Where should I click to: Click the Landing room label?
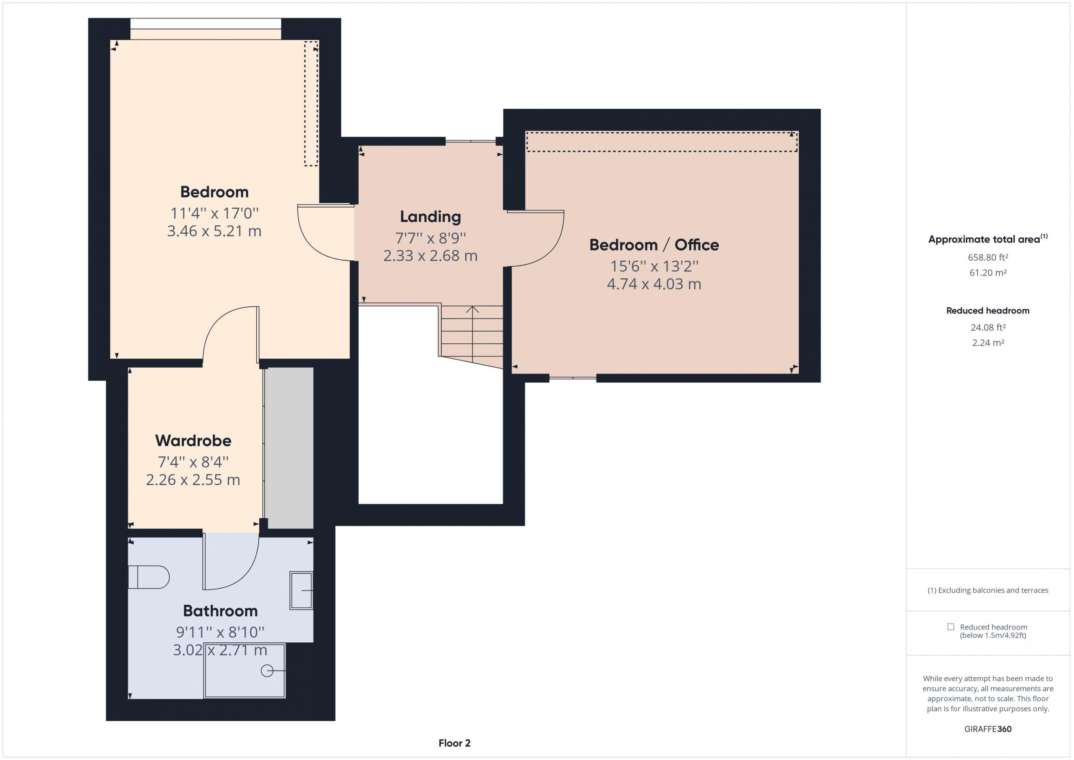430,217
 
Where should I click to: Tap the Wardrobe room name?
193,440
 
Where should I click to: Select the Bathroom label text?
220,611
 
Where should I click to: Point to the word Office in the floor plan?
696,245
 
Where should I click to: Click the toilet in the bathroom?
149,577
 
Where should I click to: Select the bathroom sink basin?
301,590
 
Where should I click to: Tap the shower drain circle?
267,671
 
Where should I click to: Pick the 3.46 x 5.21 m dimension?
214,231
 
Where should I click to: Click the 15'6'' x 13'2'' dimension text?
654,266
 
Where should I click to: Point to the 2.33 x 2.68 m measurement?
430,256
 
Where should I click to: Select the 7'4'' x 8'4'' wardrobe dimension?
193,462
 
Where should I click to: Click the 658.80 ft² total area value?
988,257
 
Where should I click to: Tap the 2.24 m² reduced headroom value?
988,342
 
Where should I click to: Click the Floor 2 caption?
454,743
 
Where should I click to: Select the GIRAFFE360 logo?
988,729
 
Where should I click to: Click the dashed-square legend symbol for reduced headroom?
951,627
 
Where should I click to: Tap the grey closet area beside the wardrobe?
289,448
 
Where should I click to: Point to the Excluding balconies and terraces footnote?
988,590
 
